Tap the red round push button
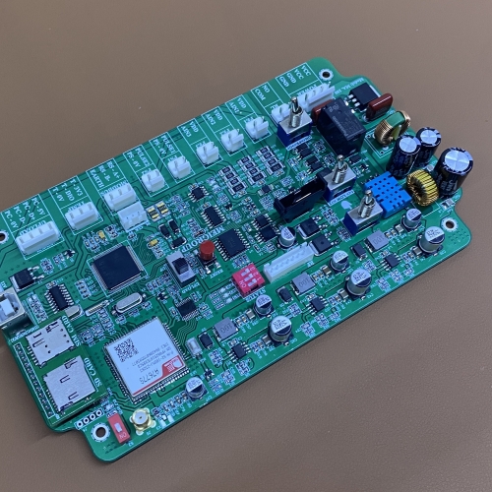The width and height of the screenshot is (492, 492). [207, 253]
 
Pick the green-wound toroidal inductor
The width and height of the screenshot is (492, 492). [390, 127]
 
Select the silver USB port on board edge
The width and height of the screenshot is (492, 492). [12, 308]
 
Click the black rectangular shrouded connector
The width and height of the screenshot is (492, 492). [299, 200]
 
